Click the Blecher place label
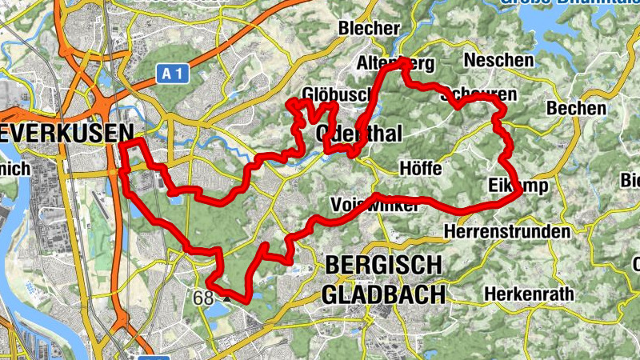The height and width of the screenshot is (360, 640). click(x=369, y=28)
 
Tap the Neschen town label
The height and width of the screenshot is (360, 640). click(x=498, y=60)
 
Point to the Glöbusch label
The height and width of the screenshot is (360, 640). click(x=334, y=94)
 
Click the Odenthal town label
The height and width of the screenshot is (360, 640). click(x=358, y=134)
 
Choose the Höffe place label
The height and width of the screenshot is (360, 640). click(x=420, y=168)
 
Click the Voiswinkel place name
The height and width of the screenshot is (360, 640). click(x=374, y=206)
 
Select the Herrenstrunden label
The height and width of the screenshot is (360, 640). click(x=506, y=232)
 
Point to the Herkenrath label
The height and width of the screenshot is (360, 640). click(x=529, y=294)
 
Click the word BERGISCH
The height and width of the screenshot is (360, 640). click(x=383, y=265)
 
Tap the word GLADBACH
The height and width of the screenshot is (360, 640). click(x=383, y=294)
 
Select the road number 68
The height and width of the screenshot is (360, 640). click(x=204, y=298)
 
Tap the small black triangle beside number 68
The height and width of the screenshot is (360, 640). click(x=226, y=297)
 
